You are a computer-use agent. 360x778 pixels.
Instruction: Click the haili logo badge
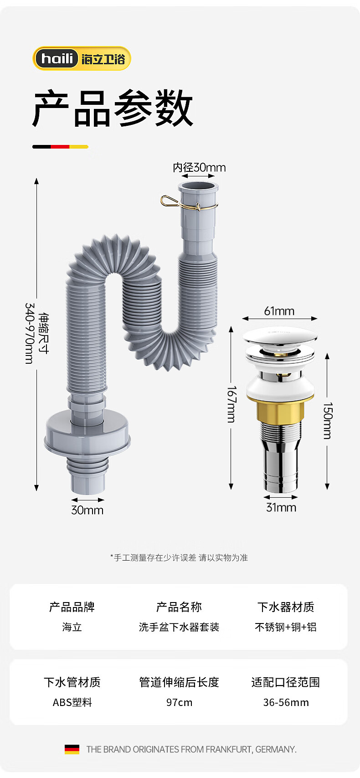click(x=82, y=59)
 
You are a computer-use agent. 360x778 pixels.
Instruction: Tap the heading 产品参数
click(x=113, y=108)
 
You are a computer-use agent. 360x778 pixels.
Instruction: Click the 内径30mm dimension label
click(x=199, y=167)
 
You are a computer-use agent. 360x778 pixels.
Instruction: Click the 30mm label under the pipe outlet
click(x=87, y=510)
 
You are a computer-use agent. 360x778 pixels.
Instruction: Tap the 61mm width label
click(x=279, y=311)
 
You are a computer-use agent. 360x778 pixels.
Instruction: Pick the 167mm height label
click(x=232, y=404)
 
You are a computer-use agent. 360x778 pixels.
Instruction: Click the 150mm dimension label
click(x=328, y=420)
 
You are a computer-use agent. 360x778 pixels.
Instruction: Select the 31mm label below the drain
click(x=281, y=507)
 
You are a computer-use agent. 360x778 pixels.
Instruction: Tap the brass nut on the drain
click(x=280, y=412)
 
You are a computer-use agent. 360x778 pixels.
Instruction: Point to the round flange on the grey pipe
click(x=87, y=433)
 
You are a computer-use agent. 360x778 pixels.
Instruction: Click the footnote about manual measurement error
click(x=179, y=557)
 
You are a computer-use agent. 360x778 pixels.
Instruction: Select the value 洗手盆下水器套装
click(x=179, y=627)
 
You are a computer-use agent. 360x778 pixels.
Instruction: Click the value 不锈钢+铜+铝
click(x=286, y=627)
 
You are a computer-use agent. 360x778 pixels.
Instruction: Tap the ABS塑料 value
click(x=72, y=702)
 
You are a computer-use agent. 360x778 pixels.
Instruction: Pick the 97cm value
click(x=179, y=702)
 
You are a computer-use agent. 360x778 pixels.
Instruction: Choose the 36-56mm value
click(x=286, y=702)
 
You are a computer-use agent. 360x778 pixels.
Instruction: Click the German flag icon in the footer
click(x=72, y=749)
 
